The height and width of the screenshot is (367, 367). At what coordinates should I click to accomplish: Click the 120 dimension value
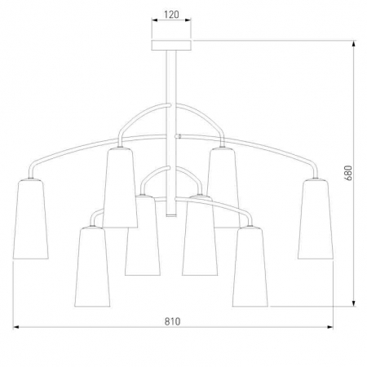click(x=171, y=15)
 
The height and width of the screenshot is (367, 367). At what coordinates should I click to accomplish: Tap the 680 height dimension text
click(x=348, y=173)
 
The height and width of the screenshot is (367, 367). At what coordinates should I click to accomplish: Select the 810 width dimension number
click(x=172, y=321)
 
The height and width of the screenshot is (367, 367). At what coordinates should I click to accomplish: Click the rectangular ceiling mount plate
click(x=171, y=46)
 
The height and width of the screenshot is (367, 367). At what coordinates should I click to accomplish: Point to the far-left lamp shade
click(x=30, y=219)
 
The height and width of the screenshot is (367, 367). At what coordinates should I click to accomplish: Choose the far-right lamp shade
click(x=316, y=219)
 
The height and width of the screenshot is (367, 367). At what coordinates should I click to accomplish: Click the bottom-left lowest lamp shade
click(x=92, y=267)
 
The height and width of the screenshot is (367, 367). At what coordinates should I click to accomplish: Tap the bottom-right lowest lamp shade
click(x=250, y=267)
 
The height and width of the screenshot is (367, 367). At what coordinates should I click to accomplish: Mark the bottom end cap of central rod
click(x=171, y=215)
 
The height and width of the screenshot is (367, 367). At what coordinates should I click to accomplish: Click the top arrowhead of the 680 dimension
click(x=354, y=43)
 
